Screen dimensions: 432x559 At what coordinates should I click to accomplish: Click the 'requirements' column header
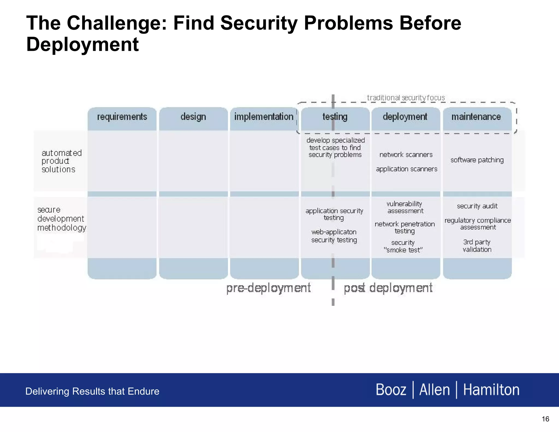tap(122, 117)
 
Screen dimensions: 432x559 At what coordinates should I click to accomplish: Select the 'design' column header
tap(193, 117)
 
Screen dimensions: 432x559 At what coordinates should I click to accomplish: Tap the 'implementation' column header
tap(264, 117)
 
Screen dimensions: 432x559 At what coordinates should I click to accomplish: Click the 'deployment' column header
tap(405, 117)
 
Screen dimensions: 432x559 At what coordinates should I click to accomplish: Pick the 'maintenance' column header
tap(476, 117)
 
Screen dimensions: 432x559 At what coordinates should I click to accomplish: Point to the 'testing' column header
tap(335, 117)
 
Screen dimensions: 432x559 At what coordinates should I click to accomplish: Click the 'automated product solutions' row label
tap(61, 161)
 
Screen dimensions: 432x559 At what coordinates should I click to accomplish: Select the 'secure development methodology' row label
tap(61, 219)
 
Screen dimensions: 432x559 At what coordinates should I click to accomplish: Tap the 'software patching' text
tap(477, 160)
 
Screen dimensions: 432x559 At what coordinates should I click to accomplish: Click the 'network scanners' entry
tap(406, 155)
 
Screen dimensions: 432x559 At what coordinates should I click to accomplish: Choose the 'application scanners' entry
tap(406, 169)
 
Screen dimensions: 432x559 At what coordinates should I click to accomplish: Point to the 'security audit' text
tap(477, 206)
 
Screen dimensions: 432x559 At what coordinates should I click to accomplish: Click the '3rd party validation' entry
tap(477, 246)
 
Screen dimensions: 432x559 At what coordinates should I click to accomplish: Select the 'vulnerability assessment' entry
tap(405, 208)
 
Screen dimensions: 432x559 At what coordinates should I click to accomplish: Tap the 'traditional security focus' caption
tap(406, 98)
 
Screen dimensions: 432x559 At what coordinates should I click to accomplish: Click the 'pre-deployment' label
tap(268, 288)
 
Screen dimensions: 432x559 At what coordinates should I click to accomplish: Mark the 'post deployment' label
tap(388, 288)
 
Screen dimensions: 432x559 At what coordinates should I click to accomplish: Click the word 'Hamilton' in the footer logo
tap(491, 390)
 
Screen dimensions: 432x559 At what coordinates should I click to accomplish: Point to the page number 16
tap(545, 419)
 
